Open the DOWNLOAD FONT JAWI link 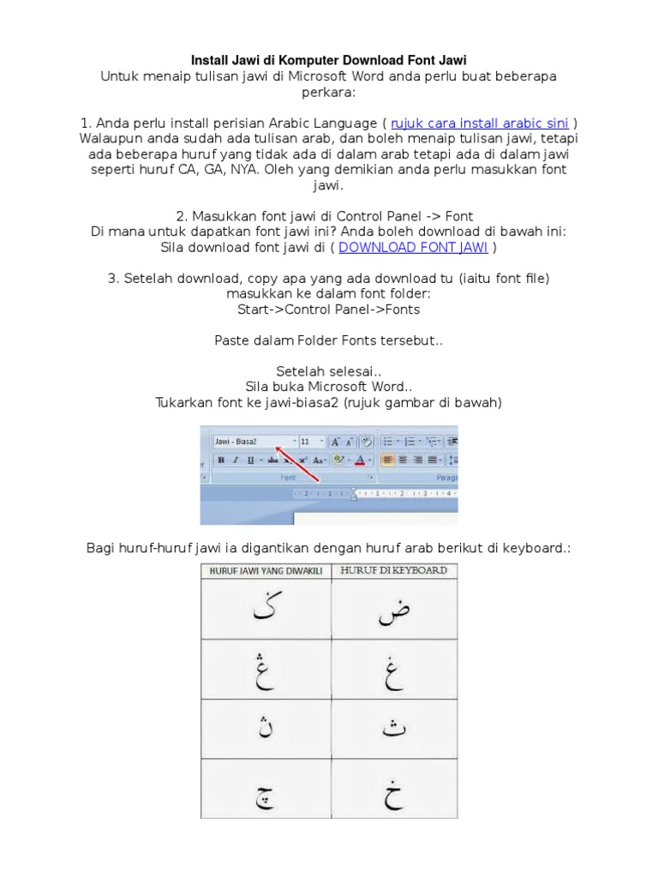coord(413,247)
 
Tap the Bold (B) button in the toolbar coord(222,460)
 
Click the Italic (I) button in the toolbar coord(236,460)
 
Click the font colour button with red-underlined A coord(360,460)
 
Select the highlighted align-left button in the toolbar coord(387,460)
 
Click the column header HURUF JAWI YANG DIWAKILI coord(265,571)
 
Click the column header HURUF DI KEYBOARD coord(393,571)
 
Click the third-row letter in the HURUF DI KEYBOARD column coord(393,729)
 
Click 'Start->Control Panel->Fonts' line coord(329,309)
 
